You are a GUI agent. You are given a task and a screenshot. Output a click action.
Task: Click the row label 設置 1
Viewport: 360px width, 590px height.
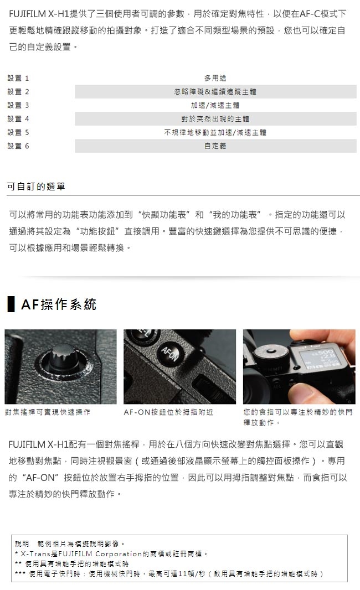18,78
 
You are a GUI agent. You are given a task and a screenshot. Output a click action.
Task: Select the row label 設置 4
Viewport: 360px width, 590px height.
18,119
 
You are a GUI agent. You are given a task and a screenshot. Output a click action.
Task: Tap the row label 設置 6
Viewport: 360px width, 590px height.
18,146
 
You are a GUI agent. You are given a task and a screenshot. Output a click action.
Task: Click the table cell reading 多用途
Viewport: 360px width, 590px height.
215,78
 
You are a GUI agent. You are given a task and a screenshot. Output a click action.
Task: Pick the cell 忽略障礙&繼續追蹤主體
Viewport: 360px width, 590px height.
215,92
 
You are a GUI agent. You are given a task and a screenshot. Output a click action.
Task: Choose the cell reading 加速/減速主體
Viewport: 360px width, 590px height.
215,105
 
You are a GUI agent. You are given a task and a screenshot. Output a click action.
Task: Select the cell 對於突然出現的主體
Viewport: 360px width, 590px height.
215,119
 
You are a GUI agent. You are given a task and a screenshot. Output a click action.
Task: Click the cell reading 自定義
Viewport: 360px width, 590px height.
215,146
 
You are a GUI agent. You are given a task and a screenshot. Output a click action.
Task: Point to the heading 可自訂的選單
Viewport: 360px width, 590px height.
36,187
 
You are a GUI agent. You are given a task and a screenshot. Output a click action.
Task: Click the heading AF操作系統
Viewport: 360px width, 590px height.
59,304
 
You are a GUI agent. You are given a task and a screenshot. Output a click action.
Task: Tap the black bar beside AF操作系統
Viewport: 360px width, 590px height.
11,304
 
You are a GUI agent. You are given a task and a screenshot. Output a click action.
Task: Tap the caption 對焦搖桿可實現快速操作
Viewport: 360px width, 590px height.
48,412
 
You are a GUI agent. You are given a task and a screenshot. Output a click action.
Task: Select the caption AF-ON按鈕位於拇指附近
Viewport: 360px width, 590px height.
168,412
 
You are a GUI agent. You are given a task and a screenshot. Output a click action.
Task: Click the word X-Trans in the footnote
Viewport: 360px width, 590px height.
35,554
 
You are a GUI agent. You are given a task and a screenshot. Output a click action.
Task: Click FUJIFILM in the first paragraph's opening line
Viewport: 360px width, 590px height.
27,14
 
